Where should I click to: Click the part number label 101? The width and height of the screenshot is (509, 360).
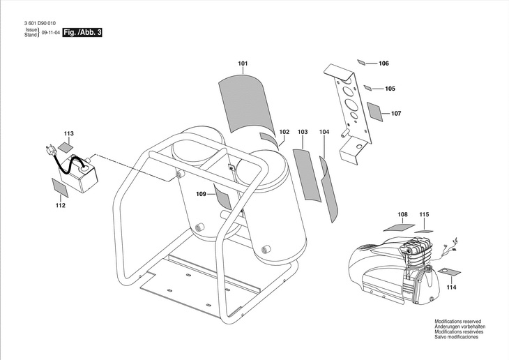pyautogui.click(x=243, y=65)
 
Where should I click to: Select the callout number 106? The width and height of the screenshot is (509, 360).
pyautogui.click(x=383, y=63)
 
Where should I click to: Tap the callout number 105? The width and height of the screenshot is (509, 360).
pyautogui.click(x=390, y=89)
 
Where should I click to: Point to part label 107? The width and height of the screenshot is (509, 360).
pyautogui.click(x=396, y=113)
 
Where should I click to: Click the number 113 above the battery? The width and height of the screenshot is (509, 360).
pyautogui.click(x=68, y=133)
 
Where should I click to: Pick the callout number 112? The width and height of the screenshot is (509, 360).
pyautogui.click(x=61, y=205)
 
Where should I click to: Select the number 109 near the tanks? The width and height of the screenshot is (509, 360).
pyautogui.click(x=201, y=193)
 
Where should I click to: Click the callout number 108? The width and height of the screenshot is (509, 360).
pyautogui.click(x=402, y=214)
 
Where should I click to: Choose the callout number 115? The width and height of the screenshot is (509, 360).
pyautogui.click(x=425, y=214)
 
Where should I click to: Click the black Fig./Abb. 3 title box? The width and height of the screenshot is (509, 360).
pyautogui.click(x=82, y=33)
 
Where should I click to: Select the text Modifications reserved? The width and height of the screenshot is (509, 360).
pyautogui.click(x=458, y=322)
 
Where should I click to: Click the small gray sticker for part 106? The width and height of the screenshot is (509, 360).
pyautogui.click(x=362, y=62)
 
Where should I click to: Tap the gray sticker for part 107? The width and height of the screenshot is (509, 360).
pyautogui.click(x=375, y=112)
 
